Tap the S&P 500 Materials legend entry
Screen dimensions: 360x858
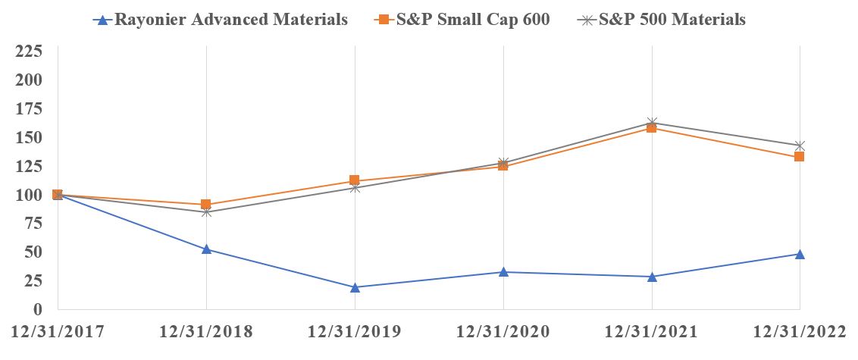pos(660,20)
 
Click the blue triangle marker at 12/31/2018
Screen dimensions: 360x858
pos(206,249)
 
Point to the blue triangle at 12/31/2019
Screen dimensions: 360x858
pos(355,286)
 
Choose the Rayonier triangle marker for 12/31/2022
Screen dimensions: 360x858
pos(800,254)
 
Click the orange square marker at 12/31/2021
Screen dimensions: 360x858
pos(652,128)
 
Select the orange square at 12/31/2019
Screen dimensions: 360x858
pos(355,181)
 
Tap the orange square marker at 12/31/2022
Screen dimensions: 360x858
pos(800,157)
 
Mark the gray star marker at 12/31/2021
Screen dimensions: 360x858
pos(652,123)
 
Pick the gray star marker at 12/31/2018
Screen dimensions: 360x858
pos(206,212)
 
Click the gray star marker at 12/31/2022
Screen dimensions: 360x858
pos(800,146)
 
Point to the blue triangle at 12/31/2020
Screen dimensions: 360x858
pos(503,271)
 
